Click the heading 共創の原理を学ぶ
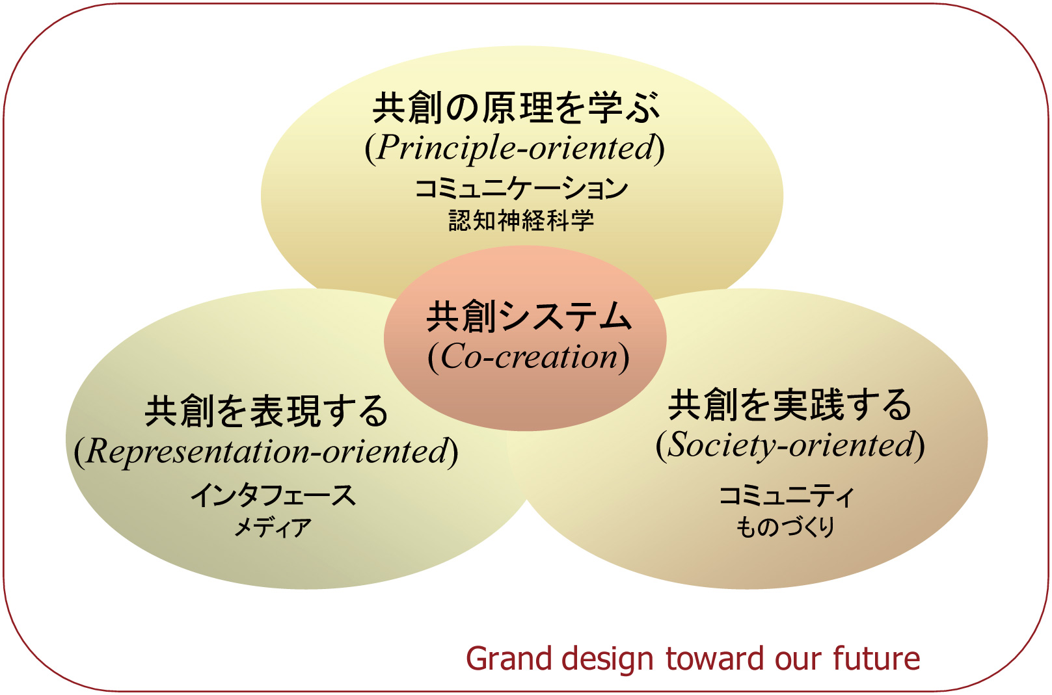pyautogui.click(x=517, y=108)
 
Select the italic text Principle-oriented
pyautogui.click(x=515, y=148)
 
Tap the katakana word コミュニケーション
pyautogui.click(x=521, y=188)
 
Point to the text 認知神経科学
pyautogui.click(x=521, y=220)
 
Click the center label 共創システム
pyautogui.click(x=529, y=317)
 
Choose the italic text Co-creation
pyautogui.click(x=529, y=357)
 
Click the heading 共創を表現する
pyautogui.click(x=266, y=411)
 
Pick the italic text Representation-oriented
pyautogui.click(x=266, y=451)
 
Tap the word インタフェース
pyautogui.click(x=273, y=495)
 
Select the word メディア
pyautogui.click(x=273, y=527)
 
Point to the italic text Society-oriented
pyautogui.click(x=790, y=445)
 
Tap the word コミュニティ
pyautogui.click(x=786, y=496)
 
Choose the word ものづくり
pyautogui.click(x=785, y=527)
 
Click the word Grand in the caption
pyautogui.click(x=513, y=659)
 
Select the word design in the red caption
pyautogui.click(x=612, y=659)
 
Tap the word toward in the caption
pyautogui.click(x=715, y=659)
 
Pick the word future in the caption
pyautogui.click(x=876, y=659)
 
